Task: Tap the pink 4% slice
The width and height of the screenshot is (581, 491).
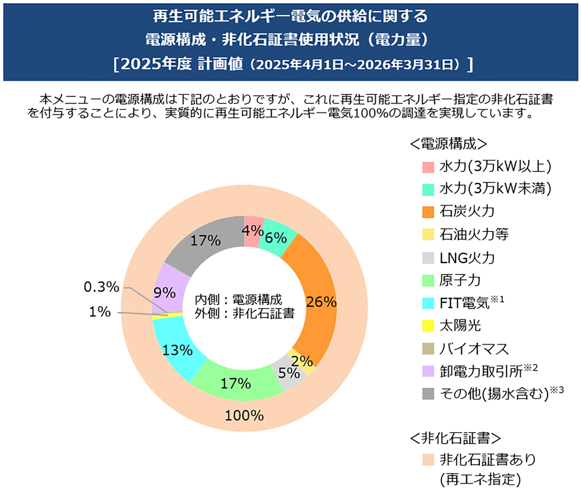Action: (253, 231)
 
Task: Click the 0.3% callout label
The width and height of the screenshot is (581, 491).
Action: (101, 287)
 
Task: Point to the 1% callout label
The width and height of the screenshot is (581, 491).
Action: (100, 312)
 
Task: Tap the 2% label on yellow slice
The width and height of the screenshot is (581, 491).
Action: (302, 361)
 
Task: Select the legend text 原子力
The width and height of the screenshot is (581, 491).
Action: (460, 280)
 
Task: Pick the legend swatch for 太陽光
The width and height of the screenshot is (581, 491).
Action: (428, 326)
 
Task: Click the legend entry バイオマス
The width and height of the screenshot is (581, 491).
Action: (474, 349)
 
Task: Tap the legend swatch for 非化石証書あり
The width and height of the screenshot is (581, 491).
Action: (428, 459)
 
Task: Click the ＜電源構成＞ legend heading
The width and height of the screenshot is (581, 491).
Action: (448, 144)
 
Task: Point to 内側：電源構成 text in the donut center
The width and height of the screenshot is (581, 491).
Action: (238, 300)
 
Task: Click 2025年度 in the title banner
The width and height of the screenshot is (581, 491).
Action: (156, 64)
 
